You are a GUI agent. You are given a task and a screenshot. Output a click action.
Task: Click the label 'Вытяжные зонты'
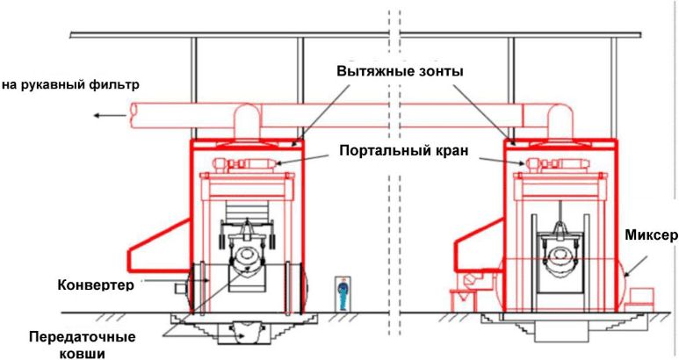coord(400,71)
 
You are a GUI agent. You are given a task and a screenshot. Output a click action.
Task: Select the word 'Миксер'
coord(649,235)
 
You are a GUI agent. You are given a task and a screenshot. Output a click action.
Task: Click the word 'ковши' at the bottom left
coord(83,353)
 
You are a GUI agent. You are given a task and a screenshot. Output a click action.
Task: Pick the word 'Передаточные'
coord(83,337)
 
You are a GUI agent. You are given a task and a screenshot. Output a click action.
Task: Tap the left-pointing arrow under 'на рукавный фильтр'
coord(109,115)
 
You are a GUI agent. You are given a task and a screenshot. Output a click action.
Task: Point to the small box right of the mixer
coord(648,296)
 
